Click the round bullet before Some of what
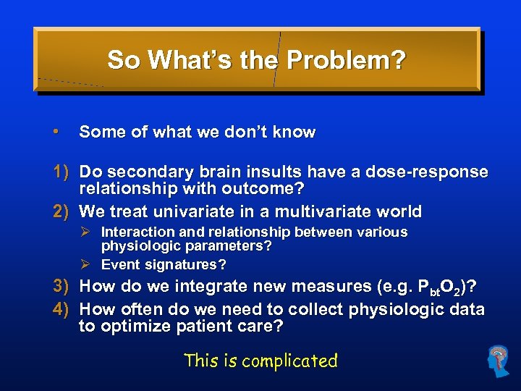(x=56, y=132)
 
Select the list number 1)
(x=61, y=172)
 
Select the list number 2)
(x=61, y=212)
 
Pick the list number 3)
(x=61, y=287)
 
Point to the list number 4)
(x=61, y=310)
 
